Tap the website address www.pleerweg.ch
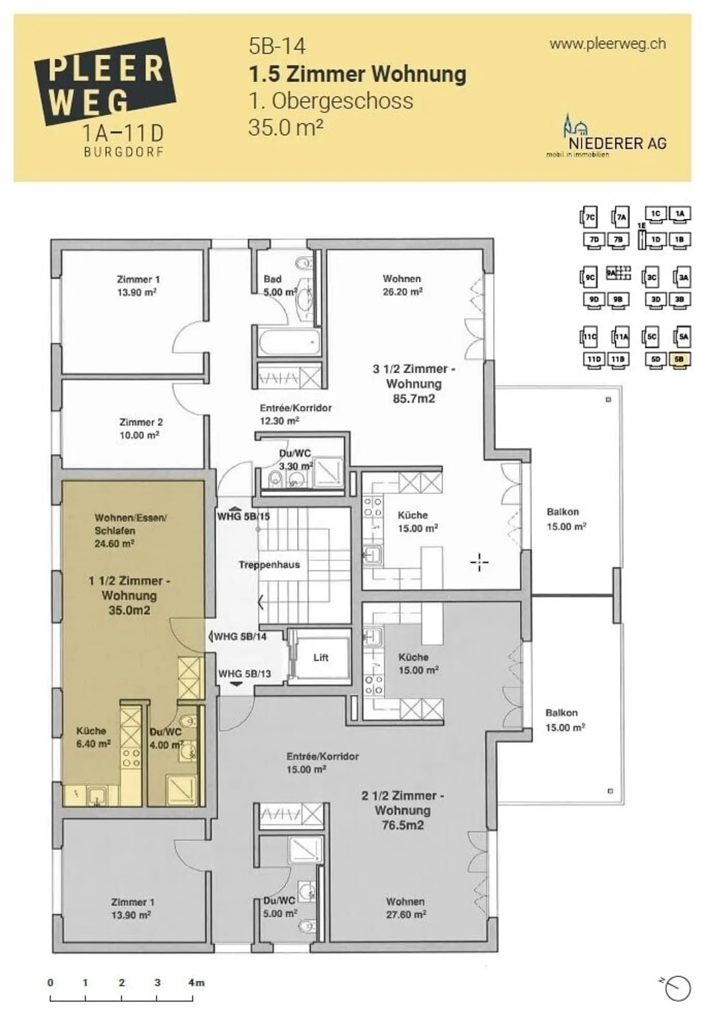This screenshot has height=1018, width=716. pyautogui.click(x=607, y=44)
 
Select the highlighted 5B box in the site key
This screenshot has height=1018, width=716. pyautogui.click(x=679, y=359)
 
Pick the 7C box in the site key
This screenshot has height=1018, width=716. pyautogui.click(x=589, y=217)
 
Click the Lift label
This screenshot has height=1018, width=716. pyautogui.click(x=321, y=657)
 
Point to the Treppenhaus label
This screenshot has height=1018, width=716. pyautogui.click(x=269, y=565)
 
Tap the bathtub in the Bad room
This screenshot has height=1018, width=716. pyautogui.click(x=288, y=341)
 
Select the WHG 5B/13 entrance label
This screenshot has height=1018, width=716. pyautogui.click(x=245, y=674)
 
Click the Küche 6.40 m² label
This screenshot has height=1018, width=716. pyautogui.click(x=93, y=737)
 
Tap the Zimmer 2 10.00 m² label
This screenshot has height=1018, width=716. pyautogui.click(x=140, y=428)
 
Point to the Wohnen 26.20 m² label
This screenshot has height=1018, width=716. pyautogui.click(x=402, y=285)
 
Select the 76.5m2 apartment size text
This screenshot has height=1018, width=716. pyautogui.click(x=402, y=825)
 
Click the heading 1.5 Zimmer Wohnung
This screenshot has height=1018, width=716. pyautogui.click(x=357, y=74)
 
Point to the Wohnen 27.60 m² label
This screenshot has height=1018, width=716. pyautogui.click(x=406, y=908)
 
